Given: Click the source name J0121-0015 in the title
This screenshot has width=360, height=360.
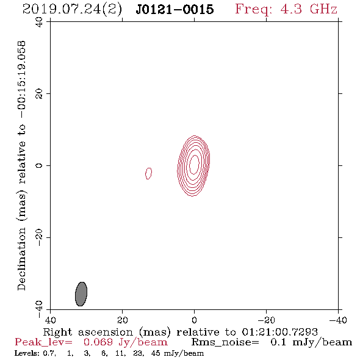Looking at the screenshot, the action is coord(175,9).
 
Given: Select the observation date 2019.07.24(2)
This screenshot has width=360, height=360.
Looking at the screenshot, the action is coord(72,10).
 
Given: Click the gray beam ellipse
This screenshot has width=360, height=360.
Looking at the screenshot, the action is coord(81,294).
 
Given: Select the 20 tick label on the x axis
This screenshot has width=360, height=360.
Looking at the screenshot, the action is coord(122,320).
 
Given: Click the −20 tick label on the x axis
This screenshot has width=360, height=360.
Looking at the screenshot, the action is coord(266,320).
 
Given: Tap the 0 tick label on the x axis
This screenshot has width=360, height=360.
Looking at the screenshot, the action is coord(194,320).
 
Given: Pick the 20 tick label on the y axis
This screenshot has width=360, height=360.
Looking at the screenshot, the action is coord(39,94).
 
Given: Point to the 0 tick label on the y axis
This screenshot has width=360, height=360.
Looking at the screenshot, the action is coord(39,165).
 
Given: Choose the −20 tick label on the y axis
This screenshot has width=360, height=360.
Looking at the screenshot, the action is coord(39,237).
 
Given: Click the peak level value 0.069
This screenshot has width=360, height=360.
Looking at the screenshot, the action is coord(98,342).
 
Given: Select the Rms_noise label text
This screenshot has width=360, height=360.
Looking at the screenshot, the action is coord(225,342).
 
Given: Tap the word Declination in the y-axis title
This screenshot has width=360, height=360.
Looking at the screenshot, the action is coord(21,259).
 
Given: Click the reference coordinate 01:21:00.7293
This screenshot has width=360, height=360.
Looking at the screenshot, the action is coord(280,332).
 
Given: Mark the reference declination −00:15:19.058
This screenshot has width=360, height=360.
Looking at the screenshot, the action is coord(21,79).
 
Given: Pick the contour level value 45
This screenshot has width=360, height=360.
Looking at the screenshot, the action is coord(156,353).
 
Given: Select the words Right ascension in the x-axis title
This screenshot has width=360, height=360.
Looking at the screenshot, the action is coord(88,332).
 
